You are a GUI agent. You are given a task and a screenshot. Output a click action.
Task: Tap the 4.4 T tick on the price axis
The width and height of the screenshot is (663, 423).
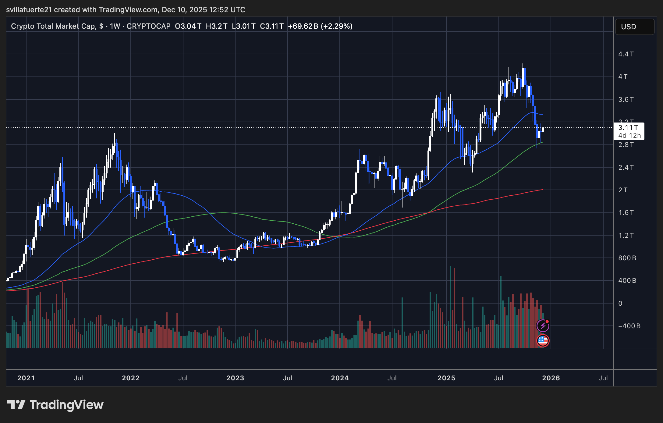(626, 54)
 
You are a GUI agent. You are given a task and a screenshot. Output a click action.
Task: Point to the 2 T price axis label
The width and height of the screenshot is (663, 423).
(623, 190)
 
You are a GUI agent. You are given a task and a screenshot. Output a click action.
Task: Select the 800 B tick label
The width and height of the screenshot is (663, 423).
(627, 258)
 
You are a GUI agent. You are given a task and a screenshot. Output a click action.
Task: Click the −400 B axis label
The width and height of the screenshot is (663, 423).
(629, 326)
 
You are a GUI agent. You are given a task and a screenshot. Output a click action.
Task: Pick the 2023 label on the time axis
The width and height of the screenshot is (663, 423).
(235, 378)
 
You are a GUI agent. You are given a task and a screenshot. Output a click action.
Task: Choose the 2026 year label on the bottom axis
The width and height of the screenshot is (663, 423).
(551, 378)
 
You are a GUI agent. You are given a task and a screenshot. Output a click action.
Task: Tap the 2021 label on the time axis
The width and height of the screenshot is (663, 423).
(26, 378)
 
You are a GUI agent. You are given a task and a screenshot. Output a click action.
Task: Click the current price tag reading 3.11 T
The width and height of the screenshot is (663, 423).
(628, 128)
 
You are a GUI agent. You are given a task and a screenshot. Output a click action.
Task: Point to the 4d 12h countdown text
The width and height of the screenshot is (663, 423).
(629, 136)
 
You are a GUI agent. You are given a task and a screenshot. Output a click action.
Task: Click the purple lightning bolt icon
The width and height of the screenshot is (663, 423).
(543, 326)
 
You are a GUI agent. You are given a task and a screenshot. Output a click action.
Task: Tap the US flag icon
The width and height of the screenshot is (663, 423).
(543, 341)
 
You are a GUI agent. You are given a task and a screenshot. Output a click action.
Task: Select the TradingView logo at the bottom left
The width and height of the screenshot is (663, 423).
(55, 405)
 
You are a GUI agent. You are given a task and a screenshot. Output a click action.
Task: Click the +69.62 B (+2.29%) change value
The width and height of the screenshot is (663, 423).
(320, 26)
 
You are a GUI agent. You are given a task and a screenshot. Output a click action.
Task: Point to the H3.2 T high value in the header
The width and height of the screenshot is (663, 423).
(216, 26)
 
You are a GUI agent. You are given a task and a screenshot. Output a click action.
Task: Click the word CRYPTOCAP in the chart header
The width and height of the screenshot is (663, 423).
(148, 26)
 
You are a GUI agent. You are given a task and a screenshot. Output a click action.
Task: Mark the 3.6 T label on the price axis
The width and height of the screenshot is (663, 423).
(626, 100)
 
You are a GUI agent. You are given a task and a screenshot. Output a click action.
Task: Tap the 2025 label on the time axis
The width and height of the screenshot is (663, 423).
(446, 378)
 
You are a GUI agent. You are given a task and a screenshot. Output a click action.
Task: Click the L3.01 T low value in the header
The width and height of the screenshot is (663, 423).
(243, 26)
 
